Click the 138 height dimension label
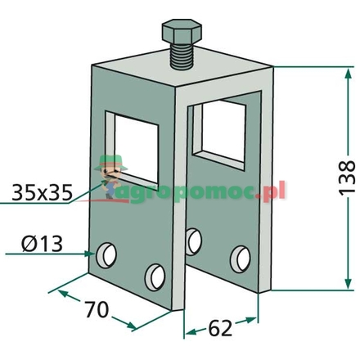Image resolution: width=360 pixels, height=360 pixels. [x=347, y=178]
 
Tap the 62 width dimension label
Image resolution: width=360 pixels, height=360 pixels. [x=220, y=327]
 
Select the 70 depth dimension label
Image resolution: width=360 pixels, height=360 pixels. [x=97, y=309]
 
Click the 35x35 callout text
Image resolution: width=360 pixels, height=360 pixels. [x=43, y=192]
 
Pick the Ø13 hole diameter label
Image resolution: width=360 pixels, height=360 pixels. [x=42, y=243]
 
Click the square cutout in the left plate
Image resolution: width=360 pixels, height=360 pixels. [x=132, y=147]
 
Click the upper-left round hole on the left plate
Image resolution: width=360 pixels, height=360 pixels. [x=106, y=254]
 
